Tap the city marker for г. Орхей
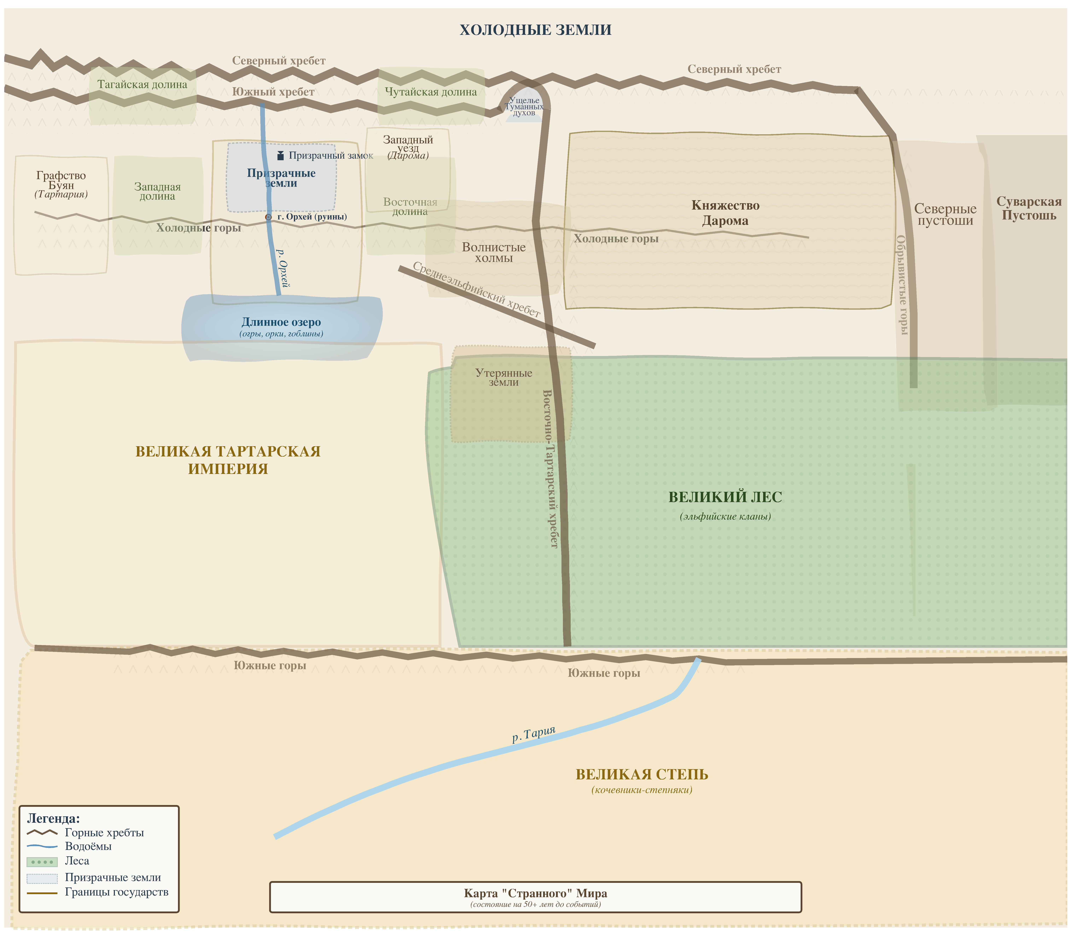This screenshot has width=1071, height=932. point(268,217)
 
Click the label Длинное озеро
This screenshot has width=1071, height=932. point(281,322)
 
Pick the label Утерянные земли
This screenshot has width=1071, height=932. point(504,378)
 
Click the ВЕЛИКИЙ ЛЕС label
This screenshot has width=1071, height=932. point(725,497)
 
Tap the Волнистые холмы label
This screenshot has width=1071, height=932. point(494,253)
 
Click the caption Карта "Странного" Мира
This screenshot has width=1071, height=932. point(535,893)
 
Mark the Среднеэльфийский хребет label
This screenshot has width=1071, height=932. point(476,290)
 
